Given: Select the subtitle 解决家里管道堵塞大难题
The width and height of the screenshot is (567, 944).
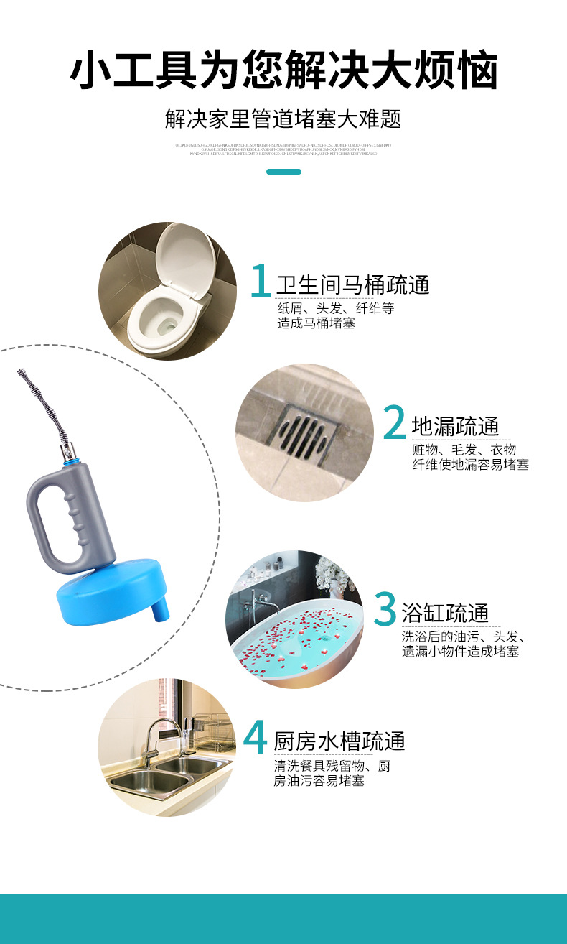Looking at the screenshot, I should (x=283, y=119).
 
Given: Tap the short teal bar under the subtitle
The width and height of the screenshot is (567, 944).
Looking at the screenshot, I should (x=283, y=172).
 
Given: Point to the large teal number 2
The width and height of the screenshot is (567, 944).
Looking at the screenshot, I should (x=395, y=424).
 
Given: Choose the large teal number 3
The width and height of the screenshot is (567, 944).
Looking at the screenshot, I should (x=385, y=609).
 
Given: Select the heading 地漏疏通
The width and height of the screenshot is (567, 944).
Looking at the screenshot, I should (x=455, y=426).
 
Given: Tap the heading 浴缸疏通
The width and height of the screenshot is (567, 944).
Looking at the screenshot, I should (x=446, y=613).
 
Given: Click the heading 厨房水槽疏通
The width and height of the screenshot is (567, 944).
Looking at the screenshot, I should (x=339, y=740).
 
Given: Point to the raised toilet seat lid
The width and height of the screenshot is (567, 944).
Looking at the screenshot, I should (x=185, y=262).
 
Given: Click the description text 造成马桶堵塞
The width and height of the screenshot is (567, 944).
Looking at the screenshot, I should (x=316, y=323).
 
